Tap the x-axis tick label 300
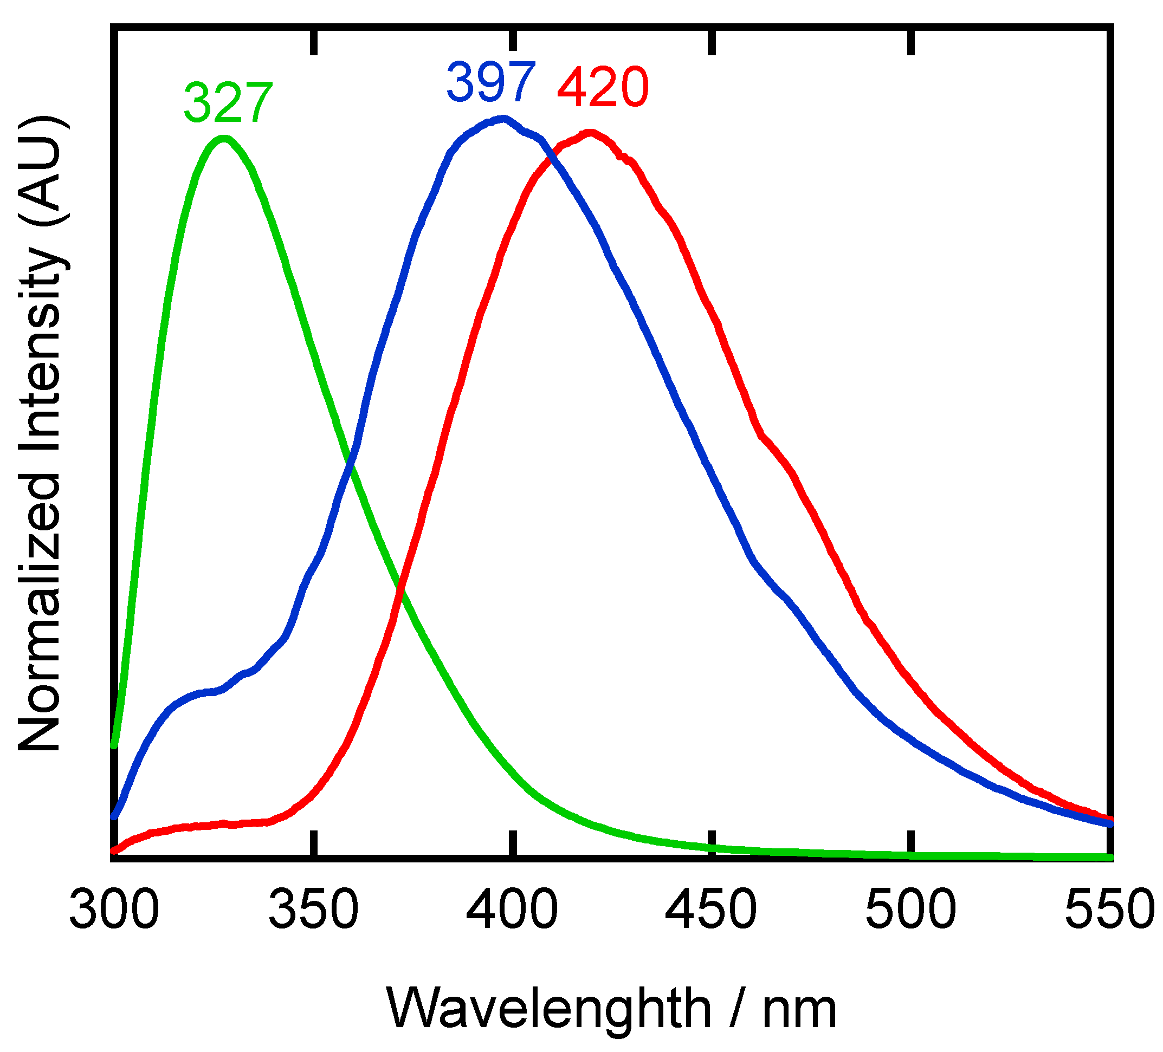[x=114, y=910]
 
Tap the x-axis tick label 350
[x=313, y=910]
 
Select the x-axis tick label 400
[x=512, y=910]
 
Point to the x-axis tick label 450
[x=712, y=910]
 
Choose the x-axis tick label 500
[x=911, y=910]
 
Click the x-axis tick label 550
[x=1109, y=910]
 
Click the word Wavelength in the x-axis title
[x=548, y=1008]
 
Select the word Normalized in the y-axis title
[x=41, y=612]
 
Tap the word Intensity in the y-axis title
[x=41, y=352]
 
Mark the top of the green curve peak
[x=224, y=139]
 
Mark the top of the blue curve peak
[x=504, y=119]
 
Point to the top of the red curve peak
[x=590, y=133]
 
